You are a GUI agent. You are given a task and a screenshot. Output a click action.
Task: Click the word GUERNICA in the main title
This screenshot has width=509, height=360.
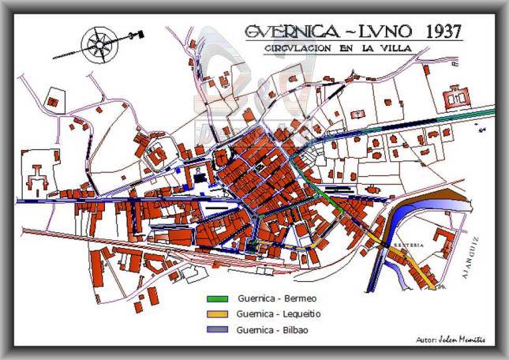tap(292, 32)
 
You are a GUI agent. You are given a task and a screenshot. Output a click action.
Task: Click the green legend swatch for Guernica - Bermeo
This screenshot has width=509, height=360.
tap(218, 299)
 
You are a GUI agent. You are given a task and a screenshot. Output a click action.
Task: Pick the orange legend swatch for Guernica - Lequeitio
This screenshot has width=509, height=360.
tap(218, 314)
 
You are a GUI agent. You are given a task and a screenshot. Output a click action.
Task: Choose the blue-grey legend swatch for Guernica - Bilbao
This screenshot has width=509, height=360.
tap(218, 329)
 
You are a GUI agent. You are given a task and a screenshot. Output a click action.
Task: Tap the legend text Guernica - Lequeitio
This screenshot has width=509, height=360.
tap(279, 314)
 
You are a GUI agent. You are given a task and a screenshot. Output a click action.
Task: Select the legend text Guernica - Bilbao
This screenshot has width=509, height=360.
tap(274, 329)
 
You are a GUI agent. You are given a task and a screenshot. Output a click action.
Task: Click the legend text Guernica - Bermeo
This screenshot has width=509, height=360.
tap(275, 299)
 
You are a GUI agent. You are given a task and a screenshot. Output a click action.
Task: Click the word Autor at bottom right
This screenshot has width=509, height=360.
tap(427, 339)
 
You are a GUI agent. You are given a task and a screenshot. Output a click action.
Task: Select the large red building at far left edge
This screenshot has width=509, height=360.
tap(36, 175)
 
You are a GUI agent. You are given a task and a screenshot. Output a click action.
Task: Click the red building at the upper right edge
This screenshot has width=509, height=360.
tap(457, 99)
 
